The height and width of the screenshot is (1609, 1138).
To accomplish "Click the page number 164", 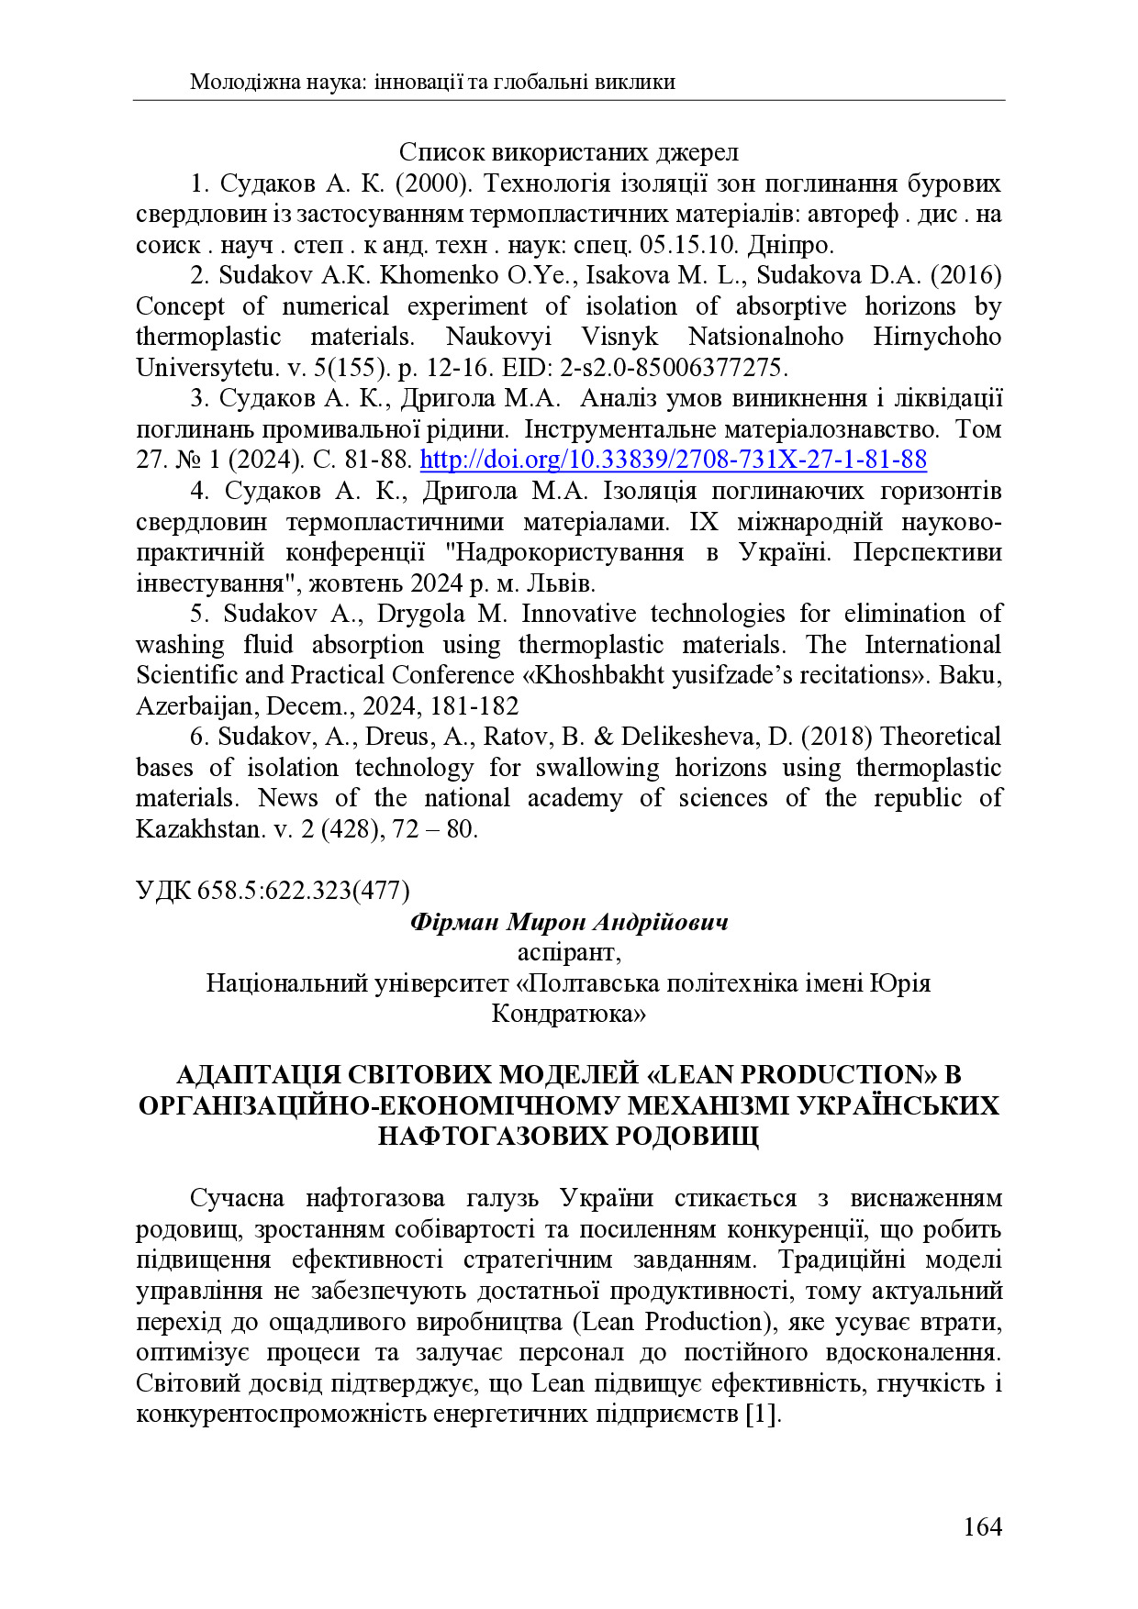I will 982,1526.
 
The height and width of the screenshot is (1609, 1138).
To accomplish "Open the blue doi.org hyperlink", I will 673,460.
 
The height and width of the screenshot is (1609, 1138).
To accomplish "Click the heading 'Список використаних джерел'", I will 568,152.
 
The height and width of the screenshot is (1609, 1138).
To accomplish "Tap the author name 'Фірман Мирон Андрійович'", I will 568,922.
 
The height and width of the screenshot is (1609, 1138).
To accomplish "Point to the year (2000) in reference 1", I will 433,183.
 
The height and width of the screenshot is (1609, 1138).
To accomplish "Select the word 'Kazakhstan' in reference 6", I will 199,829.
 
